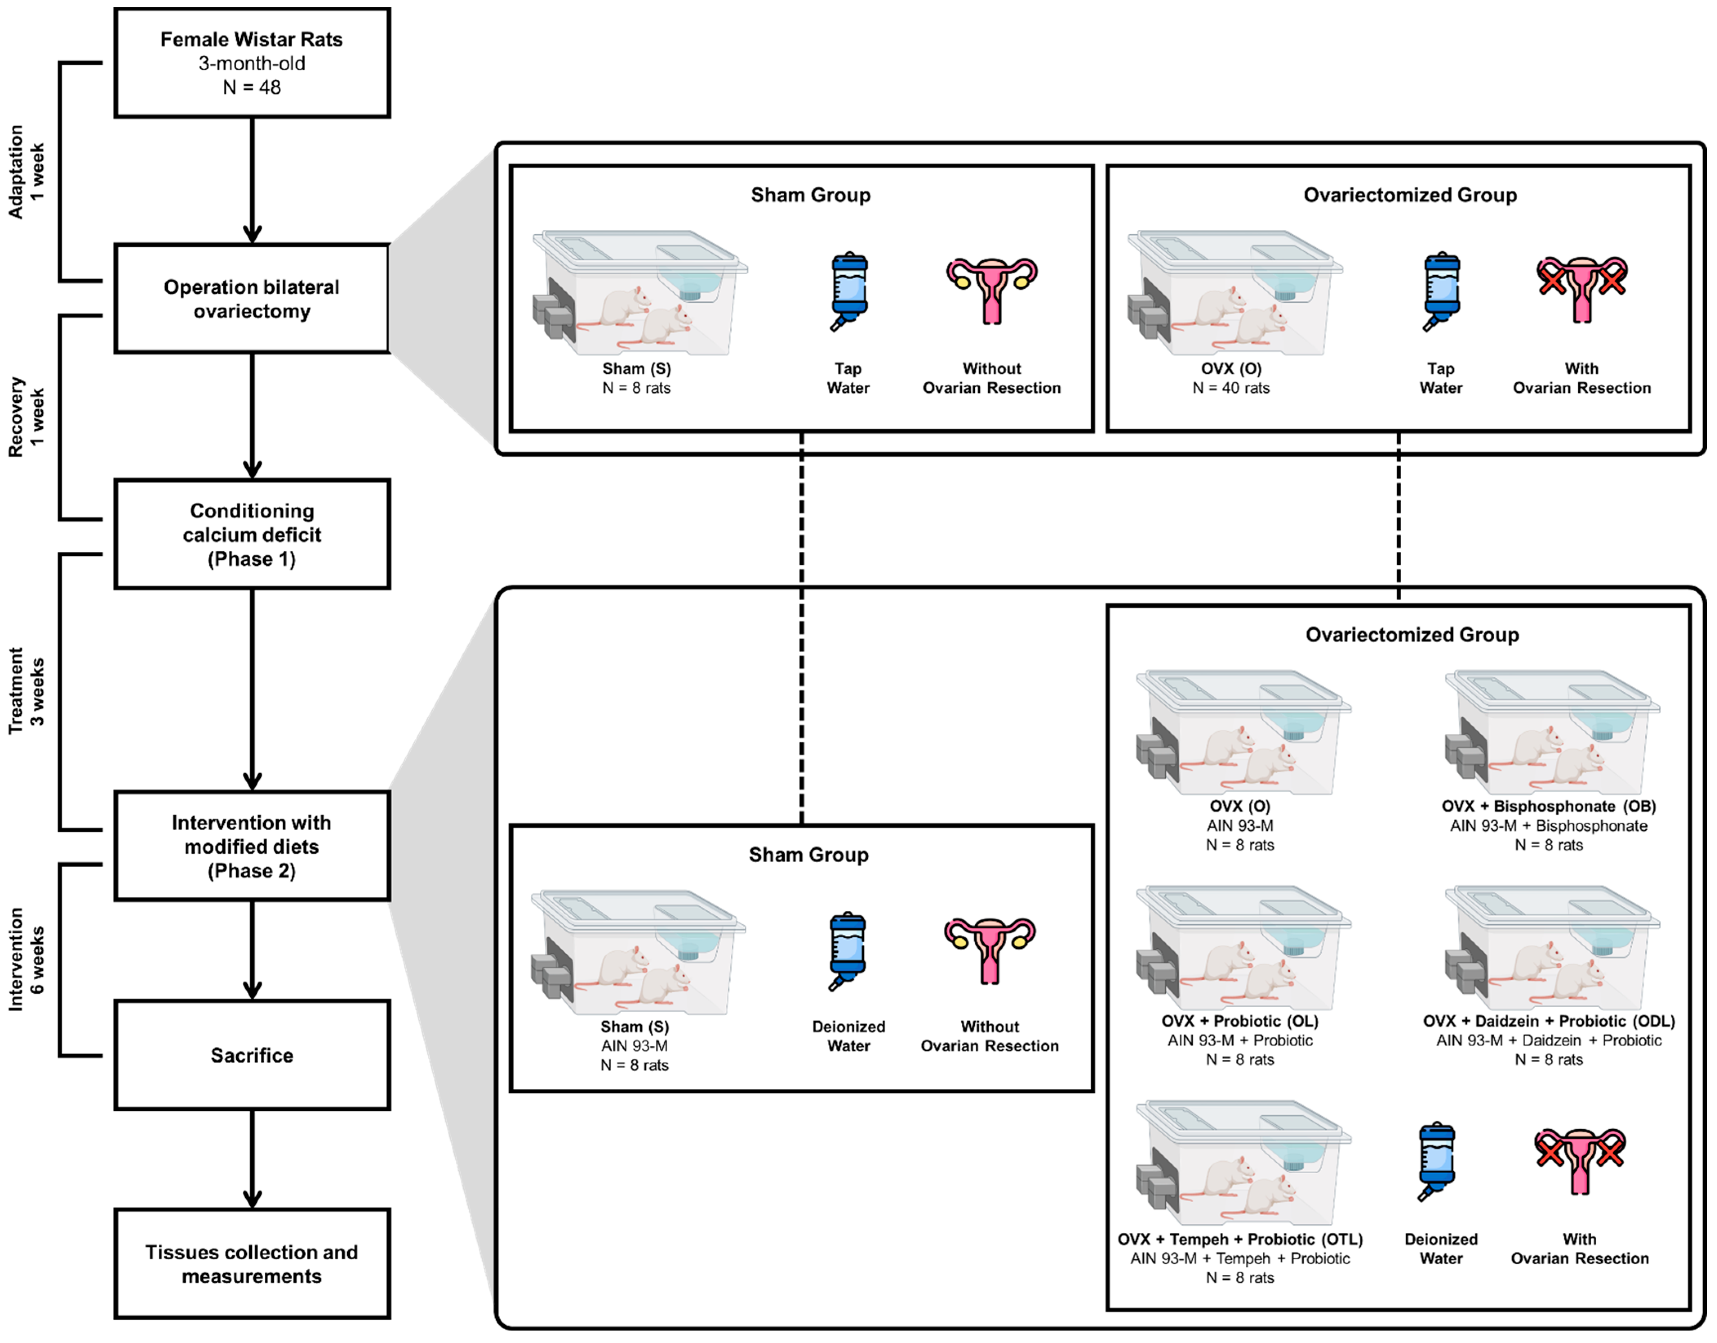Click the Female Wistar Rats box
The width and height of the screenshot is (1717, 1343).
click(x=252, y=63)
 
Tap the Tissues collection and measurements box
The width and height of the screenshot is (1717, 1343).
click(x=252, y=1263)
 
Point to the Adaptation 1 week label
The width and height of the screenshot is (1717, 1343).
click(x=26, y=171)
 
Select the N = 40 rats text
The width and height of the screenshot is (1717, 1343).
click(x=1231, y=388)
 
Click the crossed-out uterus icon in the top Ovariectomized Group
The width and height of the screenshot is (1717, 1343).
click(x=1582, y=289)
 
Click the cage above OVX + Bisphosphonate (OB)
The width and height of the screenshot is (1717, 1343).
click(x=1553, y=733)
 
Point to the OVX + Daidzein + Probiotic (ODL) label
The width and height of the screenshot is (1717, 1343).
click(x=1549, y=1021)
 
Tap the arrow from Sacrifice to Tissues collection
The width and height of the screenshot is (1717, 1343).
click(x=252, y=1159)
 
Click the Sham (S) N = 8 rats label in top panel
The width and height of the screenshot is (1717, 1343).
click(x=637, y=378)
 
